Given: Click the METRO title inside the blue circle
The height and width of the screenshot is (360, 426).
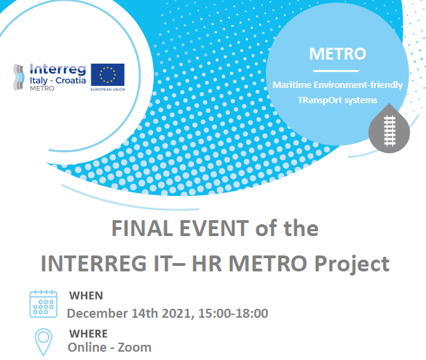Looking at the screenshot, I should coord(337,53).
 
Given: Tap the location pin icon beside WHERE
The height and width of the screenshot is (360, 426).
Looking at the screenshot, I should coord(44,342).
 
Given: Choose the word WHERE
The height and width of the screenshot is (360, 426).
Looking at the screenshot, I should coord(89,333).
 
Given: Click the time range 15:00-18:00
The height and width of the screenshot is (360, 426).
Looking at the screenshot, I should coord(233,314).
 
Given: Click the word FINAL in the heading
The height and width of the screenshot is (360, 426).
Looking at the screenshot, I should coord(136,228).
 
